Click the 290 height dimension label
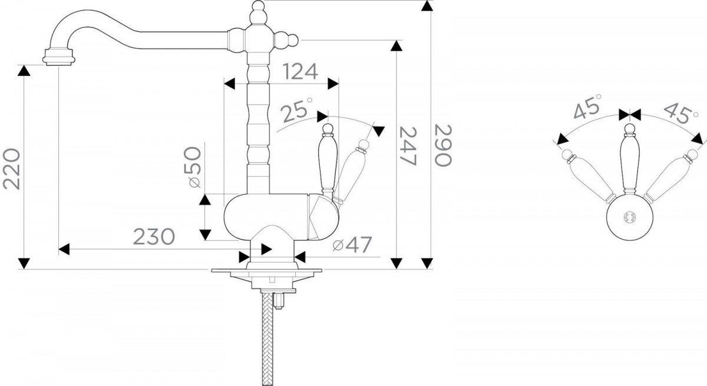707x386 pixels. [443, 145]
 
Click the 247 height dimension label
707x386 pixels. [408, 146]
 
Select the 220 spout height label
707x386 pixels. [11, 169]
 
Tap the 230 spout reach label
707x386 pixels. [154, 237]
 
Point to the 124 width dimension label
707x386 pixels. [300, 72]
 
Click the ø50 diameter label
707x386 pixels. [192, 167]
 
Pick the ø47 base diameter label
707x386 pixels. [352, 245]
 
